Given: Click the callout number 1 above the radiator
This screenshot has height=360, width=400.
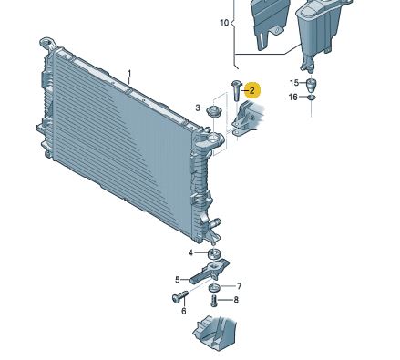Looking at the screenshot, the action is click(x=129, y=74).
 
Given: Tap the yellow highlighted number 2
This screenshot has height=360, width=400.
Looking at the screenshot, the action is click(x=251, y=90).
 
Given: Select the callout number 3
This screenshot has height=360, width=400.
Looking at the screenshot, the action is click(x=198, y=108).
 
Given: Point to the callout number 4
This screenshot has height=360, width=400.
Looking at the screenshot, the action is click(x=190, y=252).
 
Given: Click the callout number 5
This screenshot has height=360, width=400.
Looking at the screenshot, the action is click(x=178, y=280).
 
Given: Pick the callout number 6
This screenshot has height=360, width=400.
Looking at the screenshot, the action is click(x=184, y=311).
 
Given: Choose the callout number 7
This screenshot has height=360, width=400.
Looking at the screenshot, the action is click(x=239, y=286).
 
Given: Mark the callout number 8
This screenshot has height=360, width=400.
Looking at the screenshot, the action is click(x=236, y=300).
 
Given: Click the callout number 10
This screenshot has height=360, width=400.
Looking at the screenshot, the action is click(x=224, y=23).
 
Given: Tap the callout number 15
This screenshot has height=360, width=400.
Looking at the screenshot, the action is click(x=294, y=83).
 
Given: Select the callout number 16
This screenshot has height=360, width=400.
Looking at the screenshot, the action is click(x=292, y=97).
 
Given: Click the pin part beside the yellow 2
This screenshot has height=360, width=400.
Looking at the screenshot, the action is click(x=236, y=91).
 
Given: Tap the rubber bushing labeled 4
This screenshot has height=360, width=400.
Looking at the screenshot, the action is click(x=214, y=254).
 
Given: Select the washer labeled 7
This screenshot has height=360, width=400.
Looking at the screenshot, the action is click(x=214, y=288).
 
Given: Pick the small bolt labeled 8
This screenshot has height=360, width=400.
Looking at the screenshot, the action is click(x=214, y=301).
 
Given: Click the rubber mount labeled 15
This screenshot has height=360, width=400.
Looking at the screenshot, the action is click(x=311, y=86).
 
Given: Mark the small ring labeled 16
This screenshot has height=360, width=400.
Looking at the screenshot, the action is click(x=312, y=98).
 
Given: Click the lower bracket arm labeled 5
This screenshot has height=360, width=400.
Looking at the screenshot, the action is click(x=208, y=272).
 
